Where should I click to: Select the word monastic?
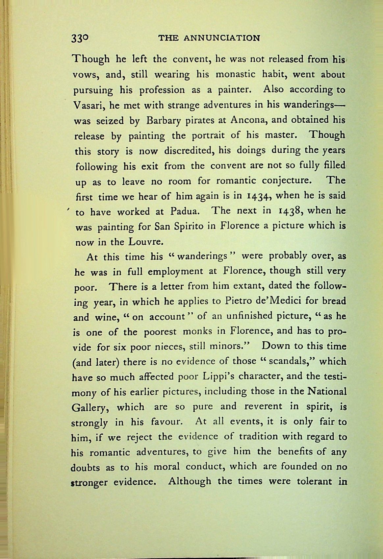(240, 75)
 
